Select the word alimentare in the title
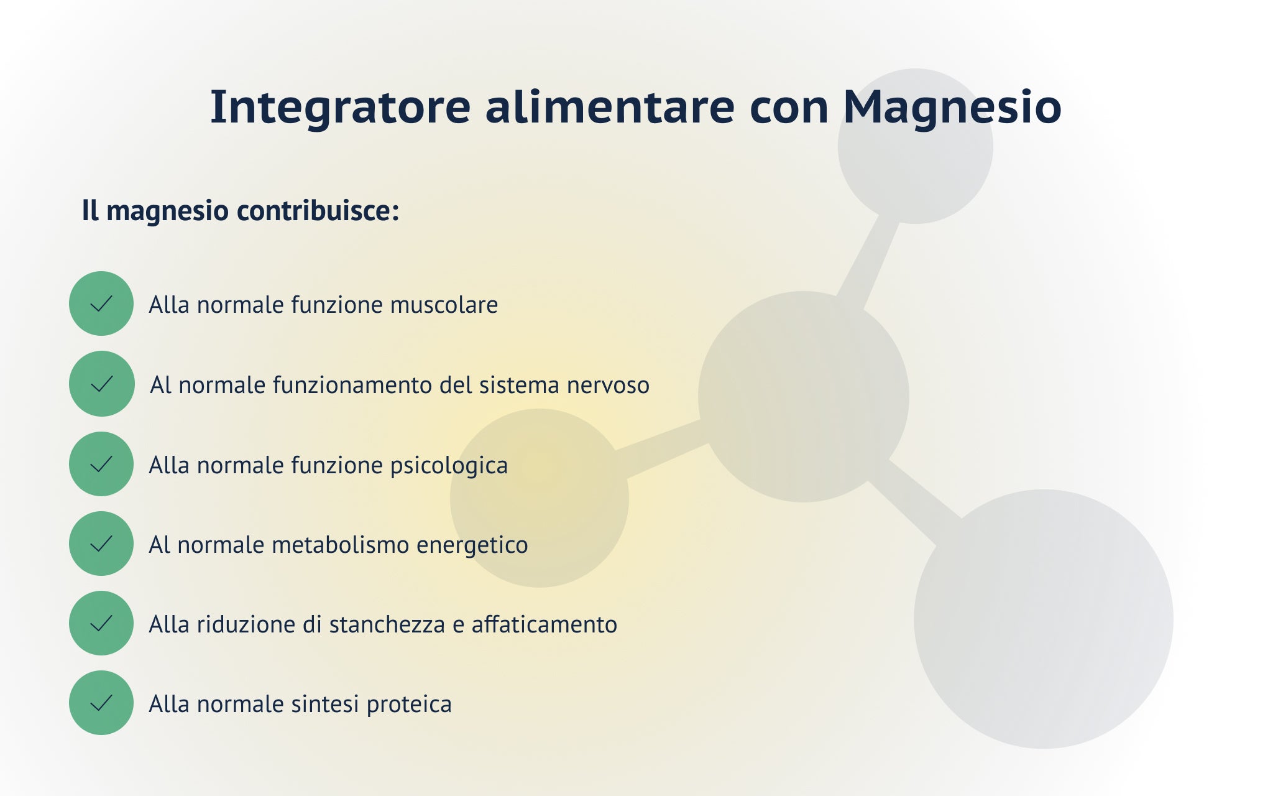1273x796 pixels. point(610,106)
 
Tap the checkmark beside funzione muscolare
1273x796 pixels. point(101,303)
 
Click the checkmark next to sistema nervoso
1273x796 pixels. point(101,384)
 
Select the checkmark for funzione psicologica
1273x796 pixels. point(101,464)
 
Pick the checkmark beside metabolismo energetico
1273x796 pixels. point(101,544)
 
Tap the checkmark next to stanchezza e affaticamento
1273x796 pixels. point(101,623)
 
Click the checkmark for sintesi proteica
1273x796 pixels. point(101,703)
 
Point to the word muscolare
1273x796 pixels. point(444,305)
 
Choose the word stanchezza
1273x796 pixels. point(387,624)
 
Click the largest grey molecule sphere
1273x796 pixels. point(1044,619)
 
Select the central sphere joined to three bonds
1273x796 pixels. point(804,397)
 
